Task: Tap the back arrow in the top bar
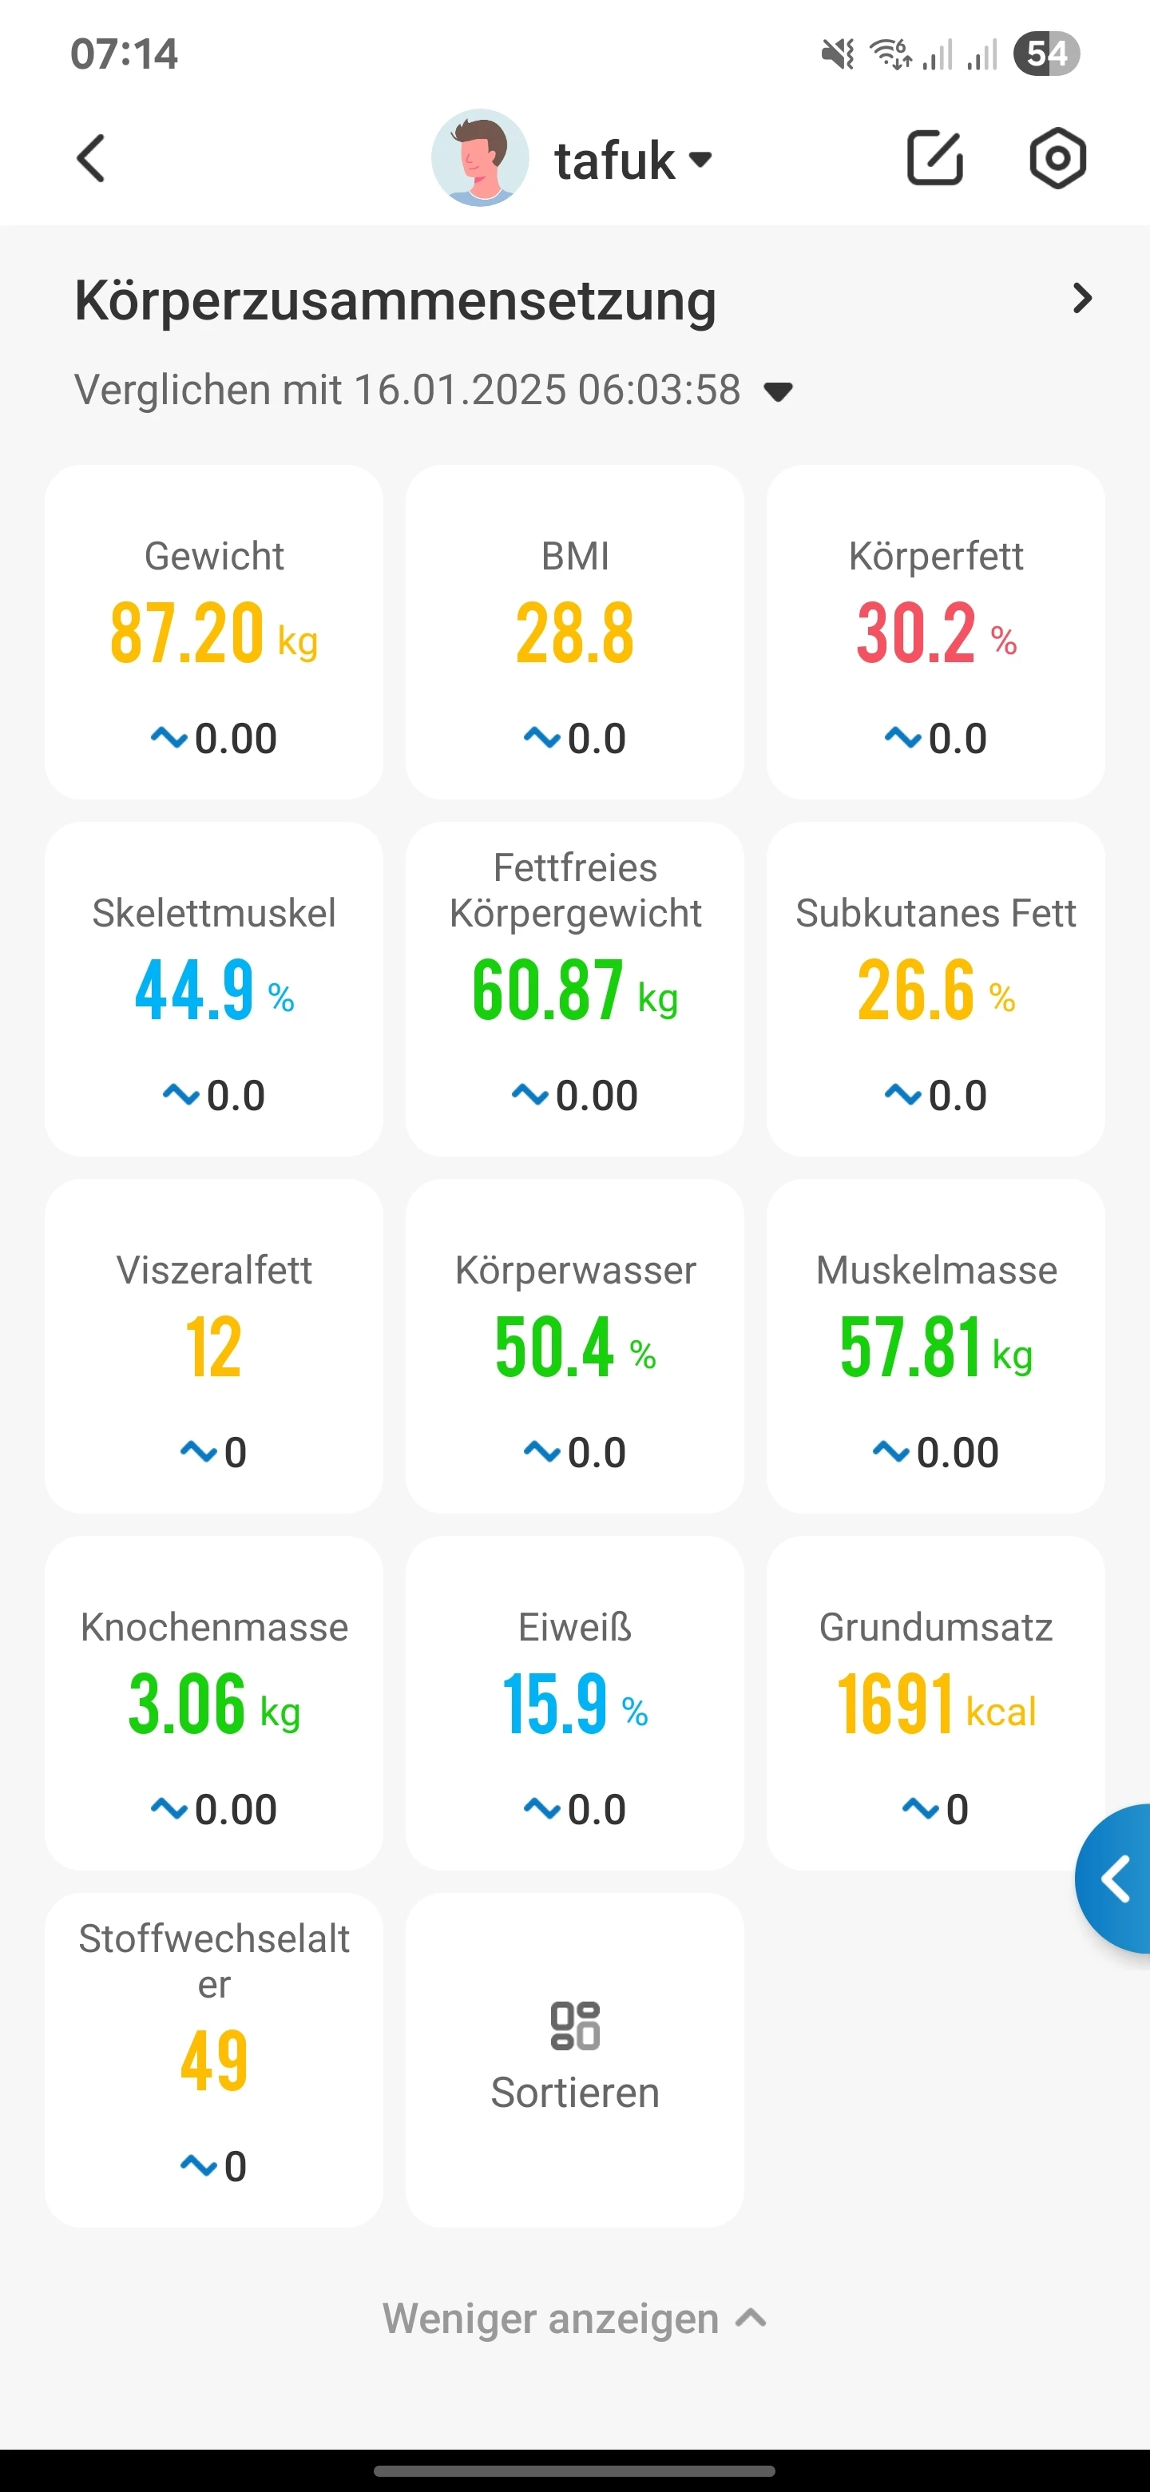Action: pos(91,159)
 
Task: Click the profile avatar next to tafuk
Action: pos(480,157)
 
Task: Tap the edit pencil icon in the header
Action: pos(934,157)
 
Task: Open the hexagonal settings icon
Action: pos(1057,157)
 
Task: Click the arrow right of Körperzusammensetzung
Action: pos(1082,299)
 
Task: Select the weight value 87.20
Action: pos(187,633)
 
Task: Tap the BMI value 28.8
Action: pos(574,633)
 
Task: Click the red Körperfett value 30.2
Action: pos(916,633)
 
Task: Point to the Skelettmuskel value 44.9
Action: pos(194,990)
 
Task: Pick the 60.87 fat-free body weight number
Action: pos(547,990)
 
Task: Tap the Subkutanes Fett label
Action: pos(935,913)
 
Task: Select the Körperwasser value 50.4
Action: pos(554,1347)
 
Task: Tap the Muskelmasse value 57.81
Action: pos(910,1347)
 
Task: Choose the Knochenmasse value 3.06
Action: pos(187,1704)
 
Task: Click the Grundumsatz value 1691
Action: pos(895,1704)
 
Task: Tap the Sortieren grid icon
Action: pos(574,2026)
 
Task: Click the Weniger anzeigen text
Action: pos(551,2319)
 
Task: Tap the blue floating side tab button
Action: pos(1116,1879)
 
